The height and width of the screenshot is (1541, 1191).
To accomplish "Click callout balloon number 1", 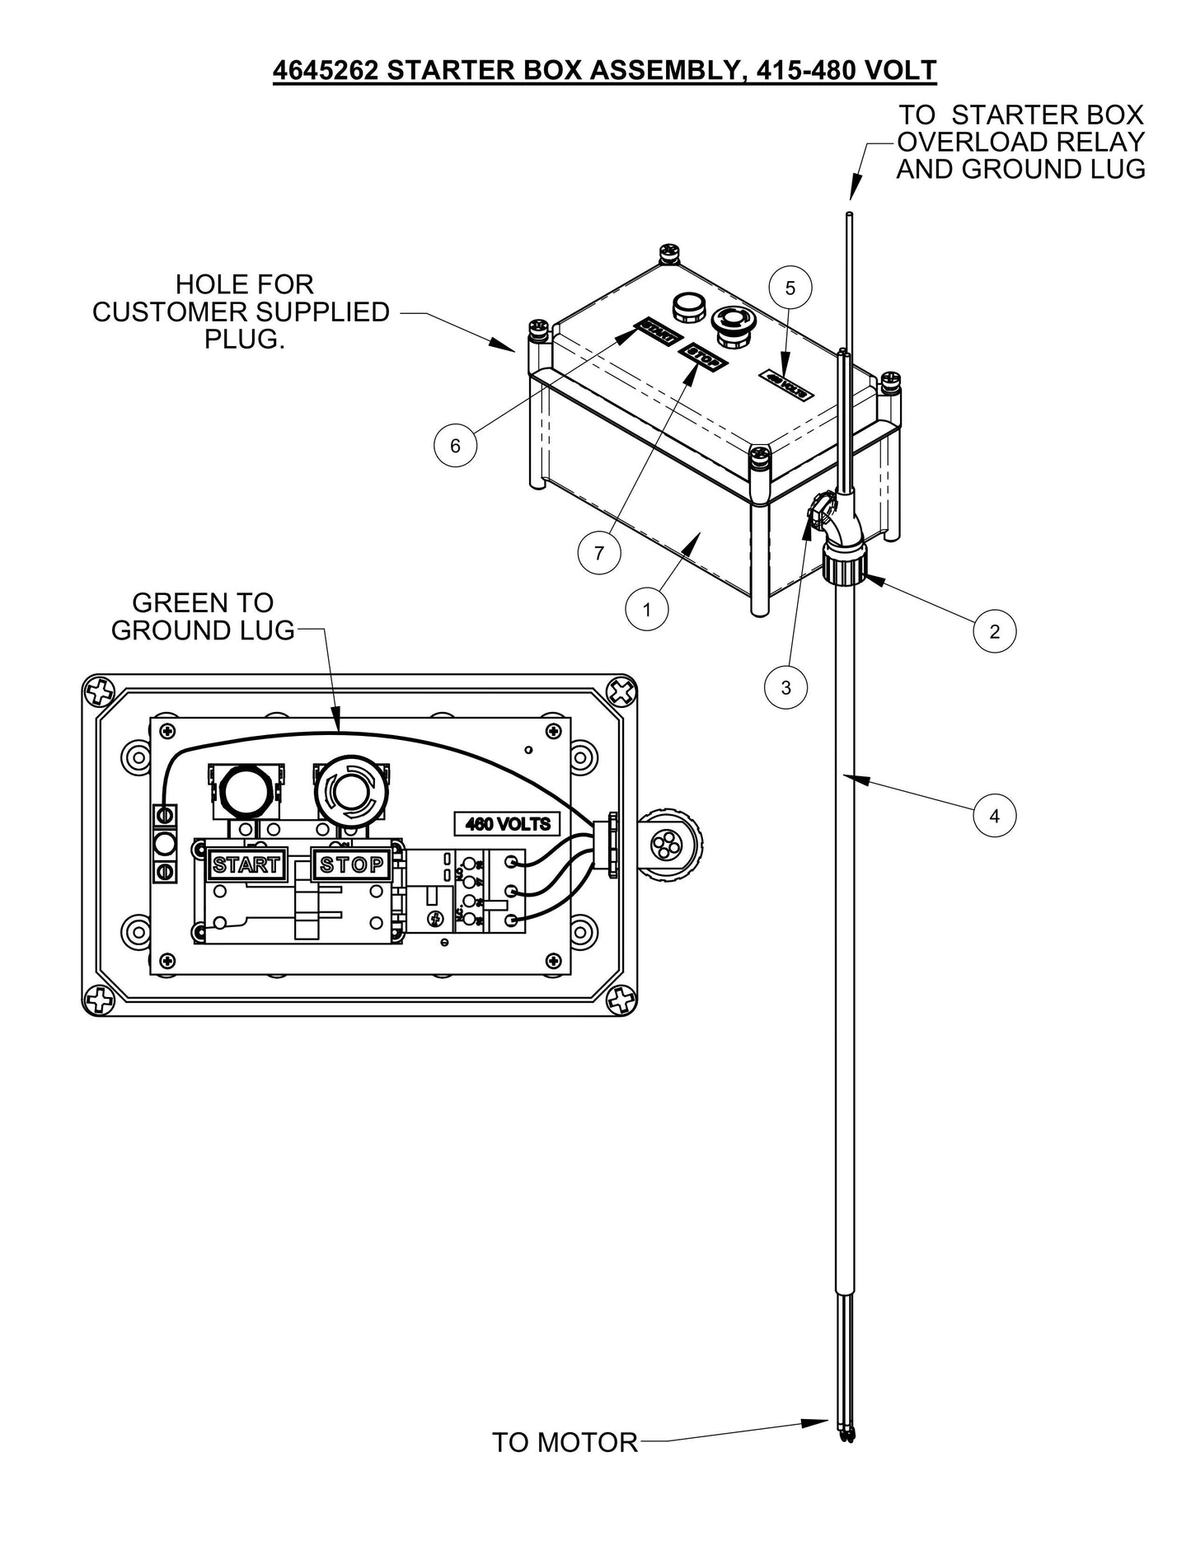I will (646, 610).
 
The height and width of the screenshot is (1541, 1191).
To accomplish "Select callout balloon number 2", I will (994, 631).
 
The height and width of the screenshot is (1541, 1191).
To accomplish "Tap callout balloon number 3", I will (785, 687).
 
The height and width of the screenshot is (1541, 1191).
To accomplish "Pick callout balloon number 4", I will (994, 816).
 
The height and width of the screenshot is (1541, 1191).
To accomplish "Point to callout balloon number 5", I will (790, 288).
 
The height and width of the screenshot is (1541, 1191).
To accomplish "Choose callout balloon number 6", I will (455, 446).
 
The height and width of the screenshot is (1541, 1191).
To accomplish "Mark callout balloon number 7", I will (599, 553).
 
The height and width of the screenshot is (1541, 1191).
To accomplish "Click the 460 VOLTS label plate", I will (507, 823).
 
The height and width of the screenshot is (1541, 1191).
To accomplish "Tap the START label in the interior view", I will (246, 864).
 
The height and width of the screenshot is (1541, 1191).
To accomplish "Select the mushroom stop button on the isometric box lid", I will (730, 324).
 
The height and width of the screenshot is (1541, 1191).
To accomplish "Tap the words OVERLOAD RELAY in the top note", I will (1020, 142).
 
